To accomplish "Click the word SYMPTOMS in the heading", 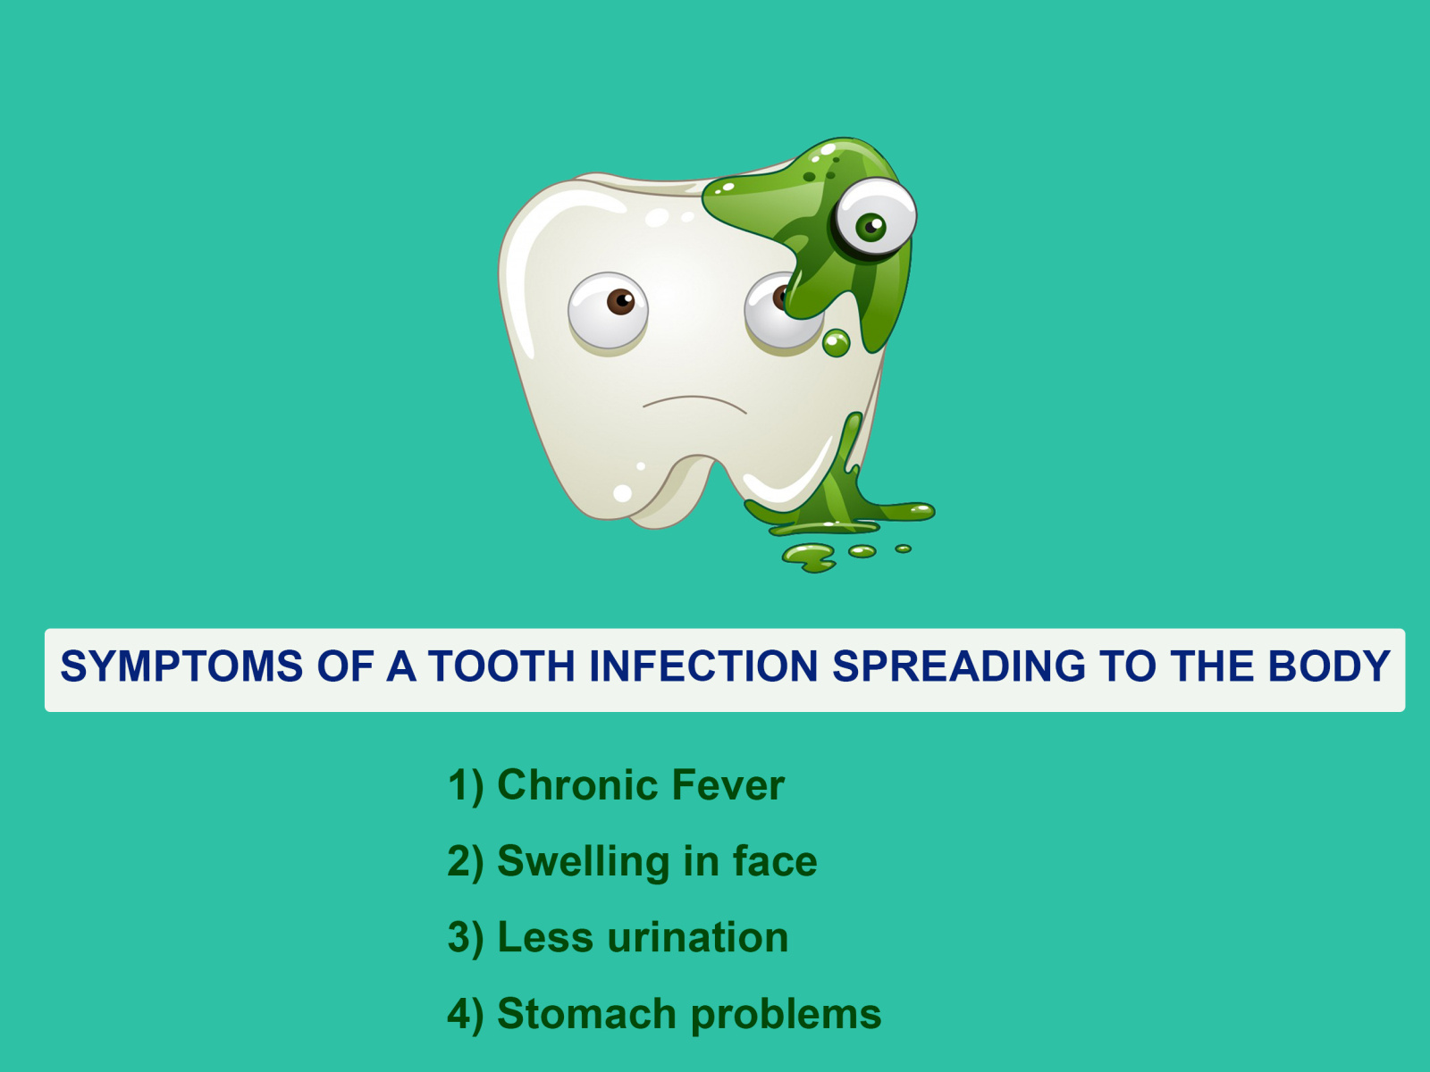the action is pos(181,666).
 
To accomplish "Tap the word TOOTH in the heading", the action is pos(501,666).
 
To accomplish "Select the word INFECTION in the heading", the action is pos(703,666).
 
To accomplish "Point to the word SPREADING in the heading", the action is pos(959,666).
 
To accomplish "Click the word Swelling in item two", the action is pos(584,862).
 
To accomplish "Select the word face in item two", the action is pos(775,862).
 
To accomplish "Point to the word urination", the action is pos(698,938).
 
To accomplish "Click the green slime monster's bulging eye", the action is pos(875,217).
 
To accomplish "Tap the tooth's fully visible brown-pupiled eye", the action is pos(608,311).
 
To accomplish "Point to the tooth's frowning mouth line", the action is pos(694,404).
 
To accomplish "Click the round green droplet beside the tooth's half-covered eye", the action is pos(836,343).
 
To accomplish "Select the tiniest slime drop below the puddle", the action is pos(903,549).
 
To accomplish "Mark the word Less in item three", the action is pos(545,938).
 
